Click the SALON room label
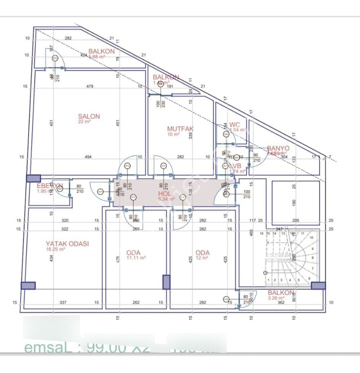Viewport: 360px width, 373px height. pos(89,116)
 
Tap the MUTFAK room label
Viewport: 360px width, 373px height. pos(180,129)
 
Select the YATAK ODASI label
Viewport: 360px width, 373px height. pos(67,244)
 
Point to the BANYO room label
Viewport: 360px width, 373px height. pos(278,148)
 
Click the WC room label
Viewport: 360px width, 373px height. pos(235,124)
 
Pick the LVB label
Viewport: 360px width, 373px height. pos(235,166)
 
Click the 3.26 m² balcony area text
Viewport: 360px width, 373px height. pos(276,298)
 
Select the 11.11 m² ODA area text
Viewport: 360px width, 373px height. pos(136,258)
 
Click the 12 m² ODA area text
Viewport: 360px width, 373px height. pos(202,258)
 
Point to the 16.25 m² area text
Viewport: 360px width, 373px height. pos(56,249)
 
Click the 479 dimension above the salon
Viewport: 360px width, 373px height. pos(90,87)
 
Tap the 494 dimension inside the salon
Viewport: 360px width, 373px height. pos(88,157)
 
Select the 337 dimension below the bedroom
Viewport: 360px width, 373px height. pos(63,302)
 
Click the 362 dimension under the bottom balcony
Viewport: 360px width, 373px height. pos(281,302)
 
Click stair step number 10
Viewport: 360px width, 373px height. pos(312,237)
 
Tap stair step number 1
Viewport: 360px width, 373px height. pos(269,280)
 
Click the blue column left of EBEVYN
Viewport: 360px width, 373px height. pos(33,178)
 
